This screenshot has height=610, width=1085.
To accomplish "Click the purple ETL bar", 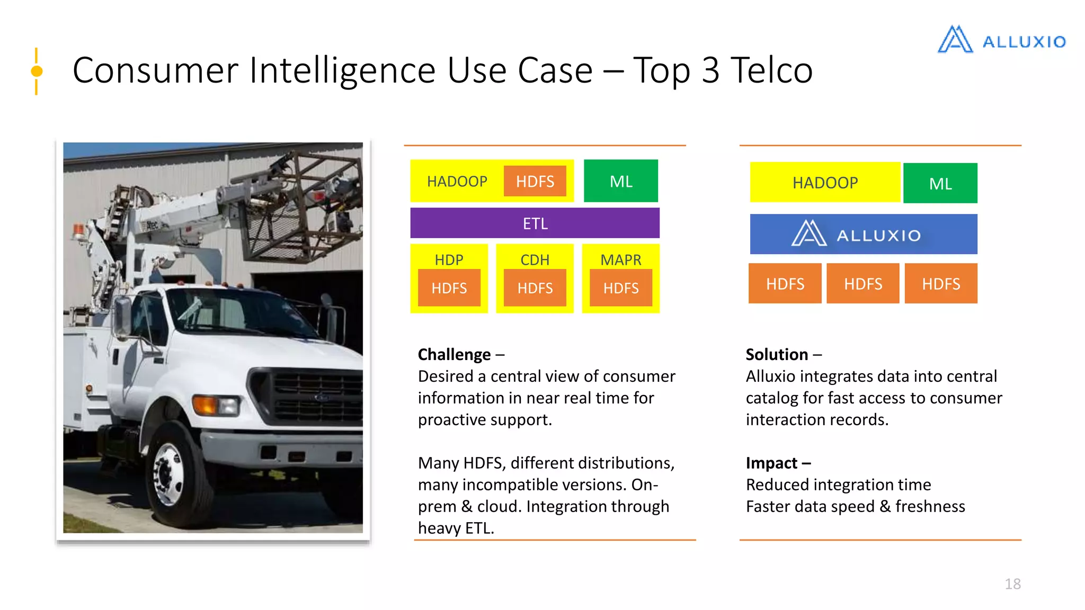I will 535,223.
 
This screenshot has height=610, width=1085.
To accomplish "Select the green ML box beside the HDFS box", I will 620,181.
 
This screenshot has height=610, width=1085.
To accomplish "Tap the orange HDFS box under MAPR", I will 620,288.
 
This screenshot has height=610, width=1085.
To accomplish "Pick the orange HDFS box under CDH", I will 535,288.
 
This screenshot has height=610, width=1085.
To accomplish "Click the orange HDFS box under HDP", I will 449,288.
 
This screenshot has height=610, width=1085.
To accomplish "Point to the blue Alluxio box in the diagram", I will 863,234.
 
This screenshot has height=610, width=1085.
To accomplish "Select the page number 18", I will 1012,584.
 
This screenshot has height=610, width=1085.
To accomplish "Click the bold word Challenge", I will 454,354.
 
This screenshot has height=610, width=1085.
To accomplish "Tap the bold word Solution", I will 777,354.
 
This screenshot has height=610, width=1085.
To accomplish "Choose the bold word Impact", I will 771,463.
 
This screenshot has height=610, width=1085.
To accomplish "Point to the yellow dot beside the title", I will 37,71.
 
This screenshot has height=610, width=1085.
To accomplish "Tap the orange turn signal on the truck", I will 206,405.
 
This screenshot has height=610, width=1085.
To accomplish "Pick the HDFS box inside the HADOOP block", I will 535,181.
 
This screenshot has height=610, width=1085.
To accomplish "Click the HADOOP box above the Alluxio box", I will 824,183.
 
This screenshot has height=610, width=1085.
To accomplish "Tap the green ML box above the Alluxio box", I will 940,183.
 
